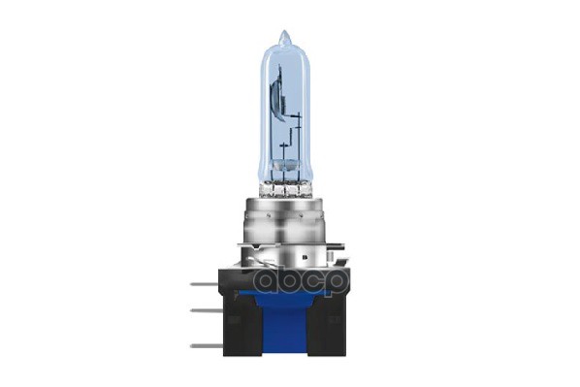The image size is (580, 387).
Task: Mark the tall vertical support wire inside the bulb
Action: point(299,136)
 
